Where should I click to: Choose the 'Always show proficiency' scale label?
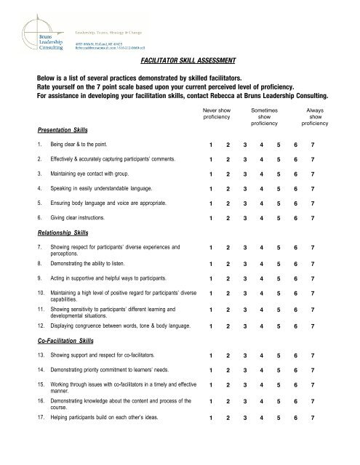tap(316, 116)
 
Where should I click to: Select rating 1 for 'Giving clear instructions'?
tap(211, 218)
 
